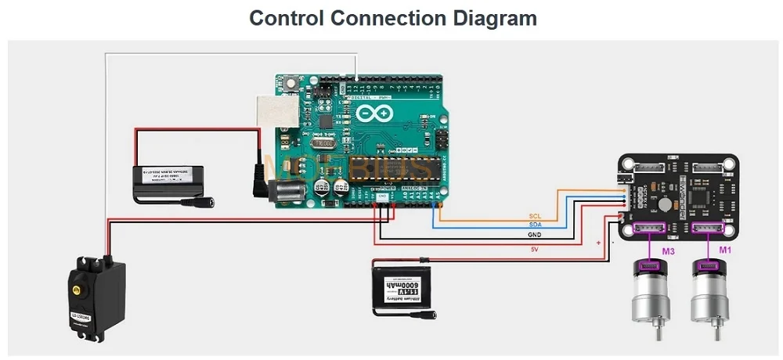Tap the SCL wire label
point(535,215)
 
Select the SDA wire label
point(535,225)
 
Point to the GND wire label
point(535,235)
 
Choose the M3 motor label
point(668,251)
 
